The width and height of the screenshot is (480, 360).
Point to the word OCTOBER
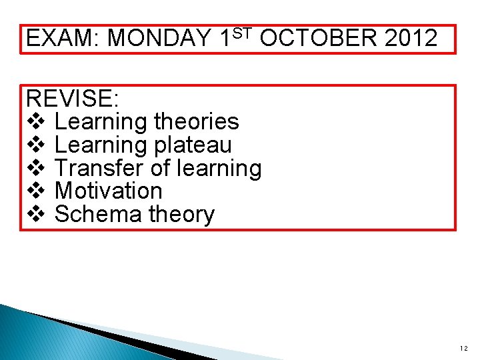click(319, 39)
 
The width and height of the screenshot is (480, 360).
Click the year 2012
click(411, 39)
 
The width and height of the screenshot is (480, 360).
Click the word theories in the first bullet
click(196, 122)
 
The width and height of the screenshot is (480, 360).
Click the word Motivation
click(108, 191)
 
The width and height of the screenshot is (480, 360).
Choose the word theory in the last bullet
click(181, 215)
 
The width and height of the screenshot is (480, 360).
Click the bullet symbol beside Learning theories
click(36, 122)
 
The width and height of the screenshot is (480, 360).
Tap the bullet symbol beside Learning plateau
click(36, 145)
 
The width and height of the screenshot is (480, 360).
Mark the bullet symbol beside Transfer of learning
click(36, 168)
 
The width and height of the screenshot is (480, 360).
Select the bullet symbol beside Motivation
click(36, 191)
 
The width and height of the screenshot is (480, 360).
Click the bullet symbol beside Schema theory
click(36, 214)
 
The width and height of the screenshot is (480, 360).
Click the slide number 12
click(463, 348)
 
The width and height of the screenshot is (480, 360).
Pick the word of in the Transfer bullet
click(160, 168)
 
